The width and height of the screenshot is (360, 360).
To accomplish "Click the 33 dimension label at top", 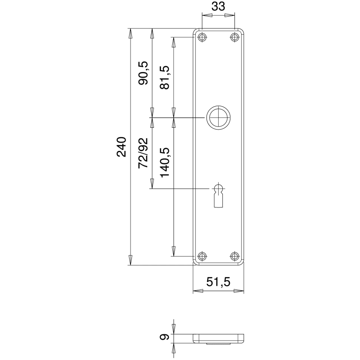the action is (218, 6).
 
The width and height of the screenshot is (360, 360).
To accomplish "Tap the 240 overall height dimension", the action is (121, 147).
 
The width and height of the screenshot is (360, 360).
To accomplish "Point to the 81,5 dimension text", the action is (165, 77).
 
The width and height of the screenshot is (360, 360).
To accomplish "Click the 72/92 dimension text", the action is (143, 153).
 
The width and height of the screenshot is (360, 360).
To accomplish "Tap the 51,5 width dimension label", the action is (218, 282).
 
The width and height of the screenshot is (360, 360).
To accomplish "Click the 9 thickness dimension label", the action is (165, 337).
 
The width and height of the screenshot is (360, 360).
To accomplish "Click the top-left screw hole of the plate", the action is (202, 37).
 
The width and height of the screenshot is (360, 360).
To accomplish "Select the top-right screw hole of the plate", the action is (234, 37).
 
